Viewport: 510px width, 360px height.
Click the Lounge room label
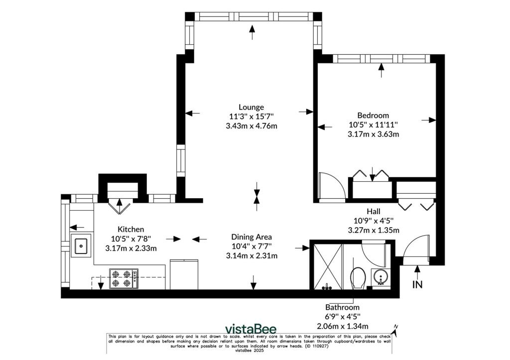click(251, 107)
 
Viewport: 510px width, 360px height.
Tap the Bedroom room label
click(373, 115)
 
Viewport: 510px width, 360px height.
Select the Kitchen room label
click(131, 229)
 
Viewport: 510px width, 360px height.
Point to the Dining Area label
click(252, 237)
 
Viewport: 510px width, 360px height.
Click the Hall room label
click(374, 212)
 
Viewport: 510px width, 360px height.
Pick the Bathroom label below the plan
click(343, 307)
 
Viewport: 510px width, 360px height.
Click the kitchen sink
click(81, 245)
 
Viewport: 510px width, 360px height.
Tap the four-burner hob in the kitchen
click(124, 278)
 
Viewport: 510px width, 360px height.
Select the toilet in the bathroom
click(358, 278)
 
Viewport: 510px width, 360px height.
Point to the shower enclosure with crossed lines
click(327, 266)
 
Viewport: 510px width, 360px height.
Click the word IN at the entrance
click(418, 284)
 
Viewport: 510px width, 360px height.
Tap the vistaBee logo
click(251, 329)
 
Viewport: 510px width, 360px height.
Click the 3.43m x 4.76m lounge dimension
click(252, 125)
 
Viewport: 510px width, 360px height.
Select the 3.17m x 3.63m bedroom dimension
click(373, 133)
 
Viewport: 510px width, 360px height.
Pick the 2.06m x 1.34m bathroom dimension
click(343, 326)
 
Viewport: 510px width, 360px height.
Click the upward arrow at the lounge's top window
click(252, 32)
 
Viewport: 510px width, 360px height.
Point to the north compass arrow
click(394, 331)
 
